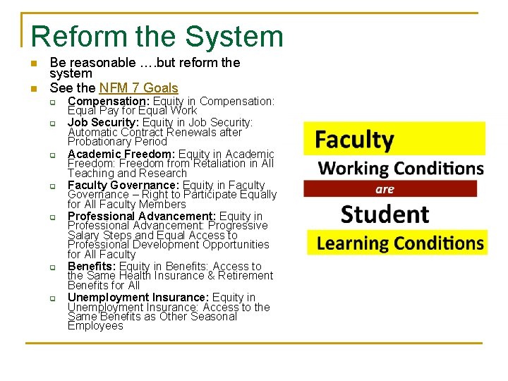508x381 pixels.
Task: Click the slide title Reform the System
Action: click(157, 37)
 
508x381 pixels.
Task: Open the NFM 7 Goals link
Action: click(138, 88)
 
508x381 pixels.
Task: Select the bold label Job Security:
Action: click(102, 123)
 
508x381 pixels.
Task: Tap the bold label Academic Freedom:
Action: click(121, 154)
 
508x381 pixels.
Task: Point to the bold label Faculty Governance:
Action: click(123, 186)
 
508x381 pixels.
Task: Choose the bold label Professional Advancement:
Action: click(142, 216)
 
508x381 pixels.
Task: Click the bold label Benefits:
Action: click(92, 266)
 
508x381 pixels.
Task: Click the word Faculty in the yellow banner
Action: click(354, 140)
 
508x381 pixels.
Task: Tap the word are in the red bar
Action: click(385, 189)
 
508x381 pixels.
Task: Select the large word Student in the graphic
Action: click(385, 214)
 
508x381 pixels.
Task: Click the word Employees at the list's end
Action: click(95, 326)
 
